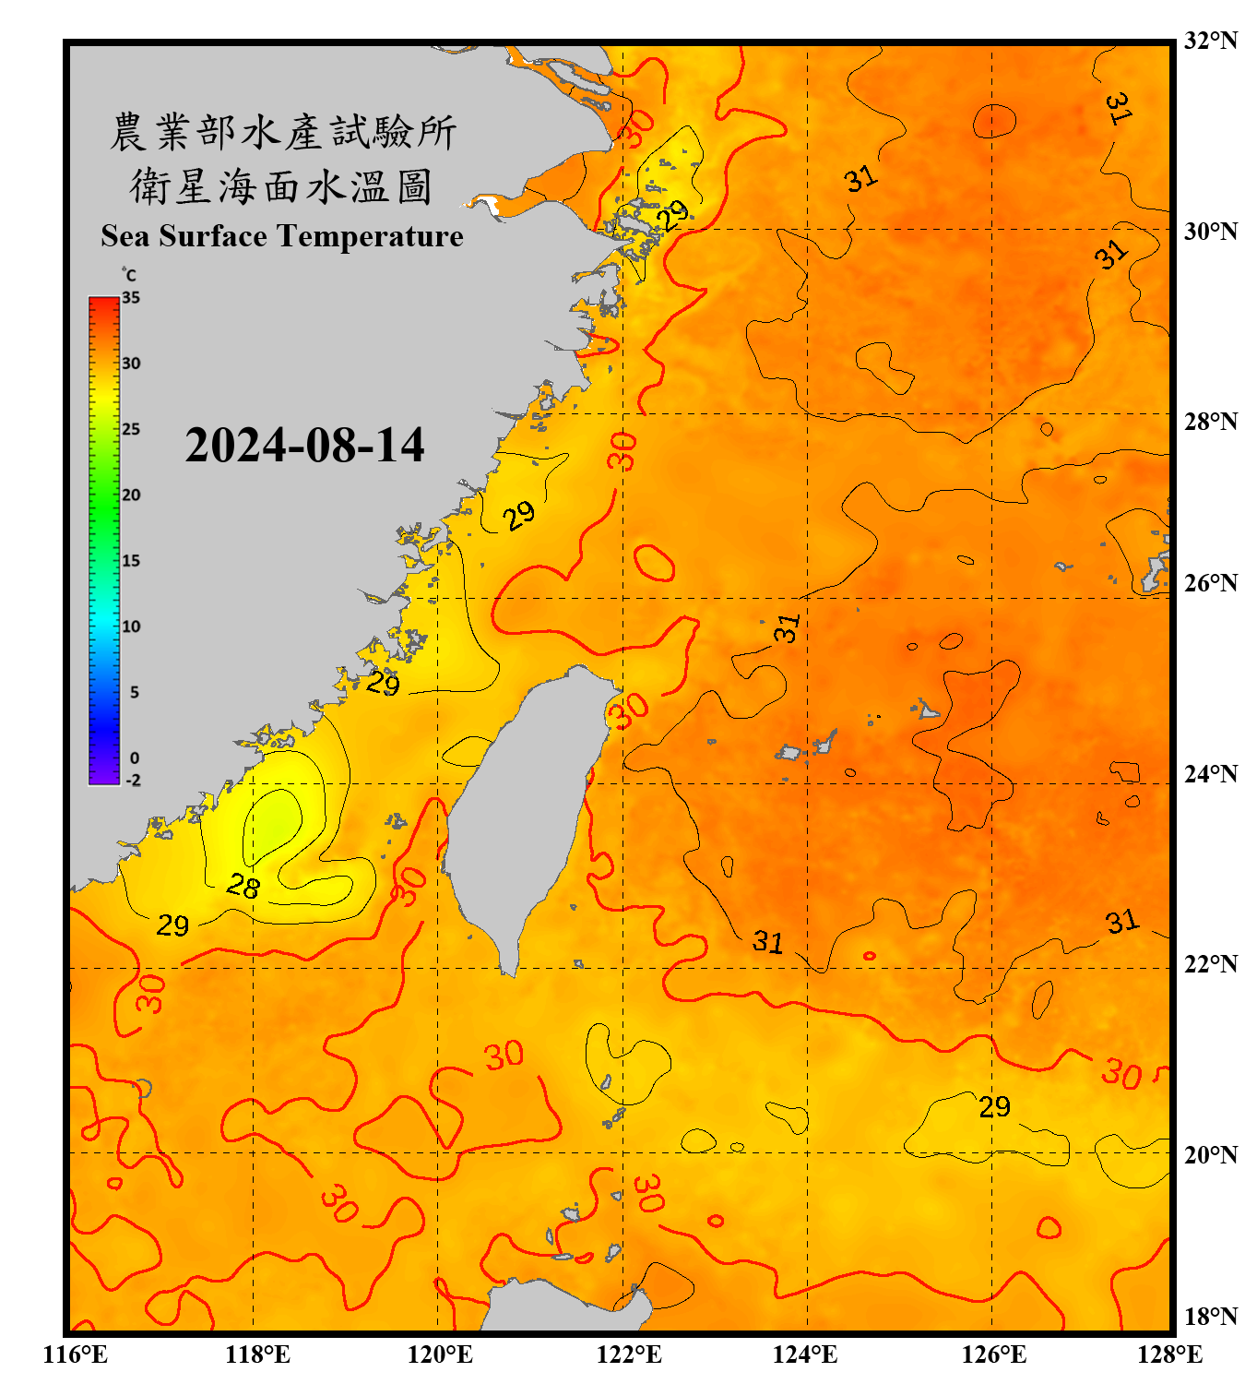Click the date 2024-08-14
[x=304, y=446]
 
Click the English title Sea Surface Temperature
[x=281, y=236]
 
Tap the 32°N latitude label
[x=1210, y=41]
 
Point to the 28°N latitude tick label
[x=1210, y=422]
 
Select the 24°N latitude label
[x=1210, y=773]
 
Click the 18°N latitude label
[x=1210, y=1316]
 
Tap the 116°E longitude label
[x=75, y=1354]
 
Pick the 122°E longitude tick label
[x=629, y=1354]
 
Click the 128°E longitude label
[x=1169, y=1354]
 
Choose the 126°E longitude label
[x=993, y=1354]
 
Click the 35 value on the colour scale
[x=131, y=297]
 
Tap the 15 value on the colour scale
[x=131, y=560]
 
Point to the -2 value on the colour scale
[x=133, y=780]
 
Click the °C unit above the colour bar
[x=129, y=275]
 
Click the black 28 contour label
[x=243, y=887]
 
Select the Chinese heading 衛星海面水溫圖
[x=281, y=186]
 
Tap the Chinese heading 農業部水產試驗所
[x=283, y=132]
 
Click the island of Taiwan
[x=521, y=812]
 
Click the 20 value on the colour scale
[x=131, y=495]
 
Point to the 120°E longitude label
[x=440, y=1354]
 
